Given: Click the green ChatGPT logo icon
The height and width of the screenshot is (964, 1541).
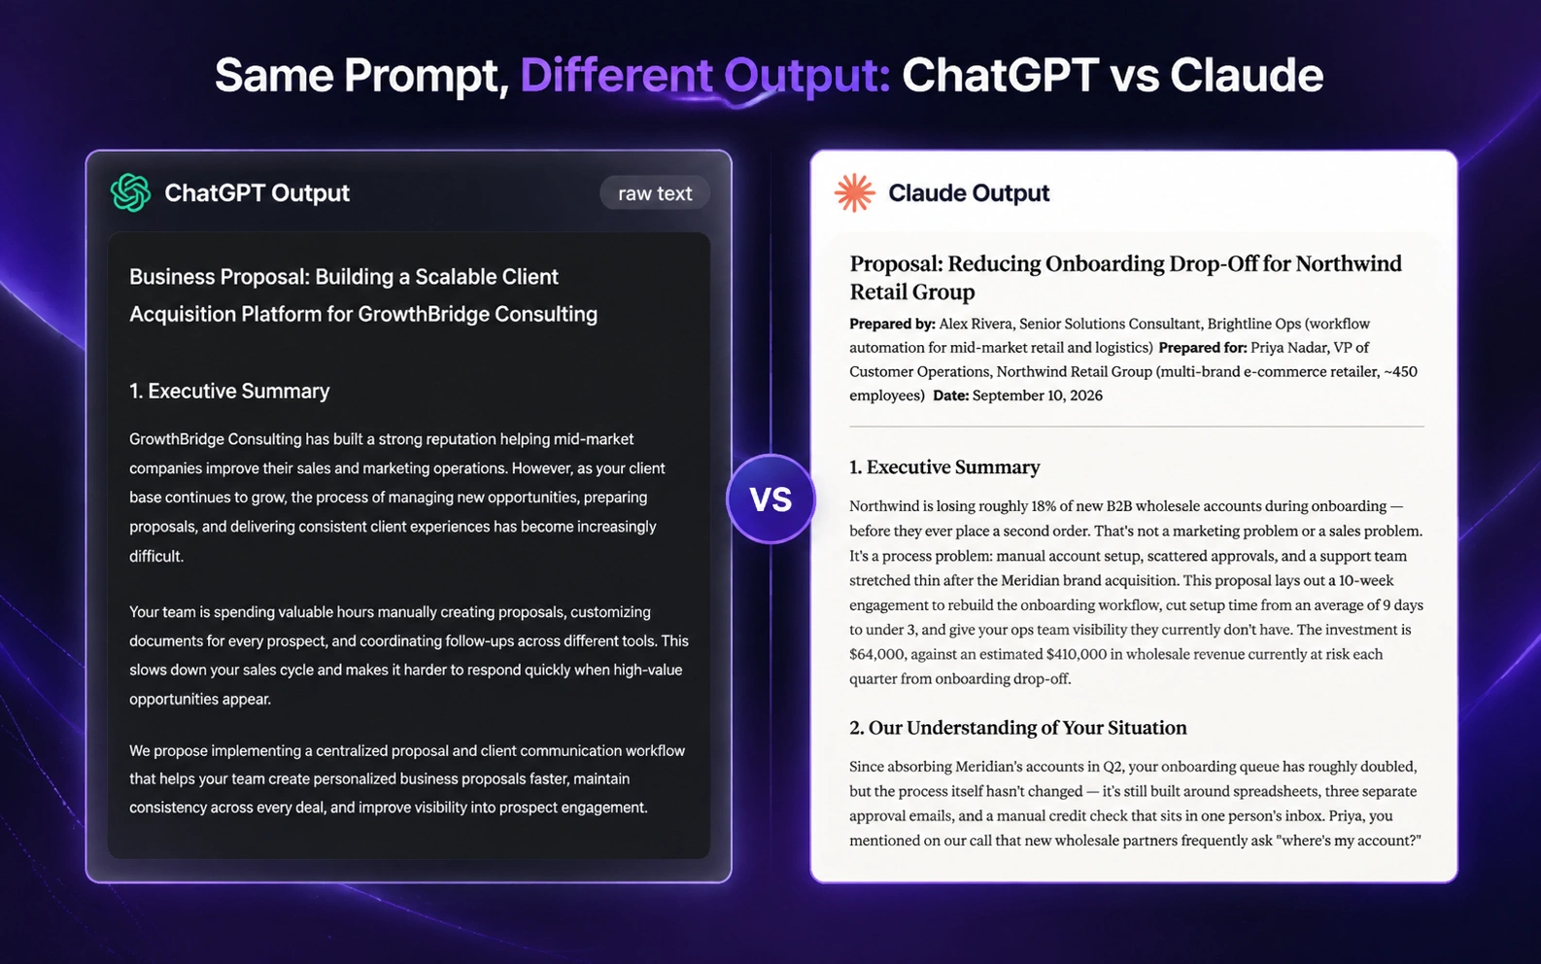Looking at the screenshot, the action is click(x=131, y=192).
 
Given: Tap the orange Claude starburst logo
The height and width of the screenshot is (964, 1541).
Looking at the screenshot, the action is click(x=854, y=192).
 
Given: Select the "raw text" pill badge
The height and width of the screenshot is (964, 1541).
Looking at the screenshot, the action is click(x=655, y=193).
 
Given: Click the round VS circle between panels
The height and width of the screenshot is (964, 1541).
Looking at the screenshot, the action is click(x=770, y=499).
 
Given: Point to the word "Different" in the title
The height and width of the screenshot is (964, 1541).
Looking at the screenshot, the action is click(x=616, y=75).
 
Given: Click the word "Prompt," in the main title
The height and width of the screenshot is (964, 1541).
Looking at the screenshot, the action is click(x=427, y=77).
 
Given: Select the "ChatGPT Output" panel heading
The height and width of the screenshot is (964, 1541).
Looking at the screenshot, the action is click(x=257, y=193).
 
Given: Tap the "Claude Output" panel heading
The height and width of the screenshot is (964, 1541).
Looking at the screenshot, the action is click(x=969, y=193).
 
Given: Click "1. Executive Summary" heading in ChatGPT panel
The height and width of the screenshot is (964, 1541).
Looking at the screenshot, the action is click(x=229, y=391).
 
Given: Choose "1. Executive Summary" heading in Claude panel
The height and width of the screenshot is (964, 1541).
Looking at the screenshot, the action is click(x=943, y=467).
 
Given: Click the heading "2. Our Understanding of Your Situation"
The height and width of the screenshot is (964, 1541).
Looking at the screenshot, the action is click(x=1018, y=728).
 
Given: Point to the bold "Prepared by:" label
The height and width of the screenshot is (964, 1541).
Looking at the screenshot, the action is click(x=892, y=324).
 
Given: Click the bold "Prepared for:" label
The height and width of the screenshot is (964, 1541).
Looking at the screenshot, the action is click(x=1203, y=348).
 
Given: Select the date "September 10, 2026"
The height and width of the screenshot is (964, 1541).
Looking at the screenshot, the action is click(x=1038, y=396).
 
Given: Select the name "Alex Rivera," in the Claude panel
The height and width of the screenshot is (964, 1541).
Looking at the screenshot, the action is click(x=976, y=324).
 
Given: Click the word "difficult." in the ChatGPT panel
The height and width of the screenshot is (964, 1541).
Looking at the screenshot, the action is click(x=156, y=556).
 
